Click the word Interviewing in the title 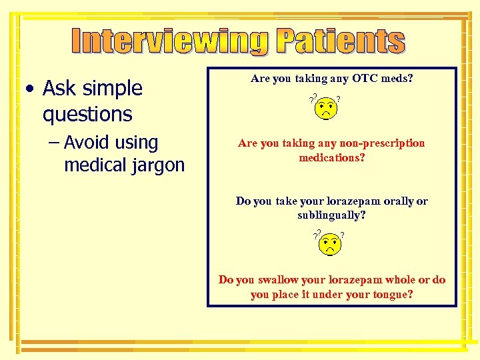coord(171,41)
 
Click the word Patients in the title coord(341,41)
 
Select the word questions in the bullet coord(87,115)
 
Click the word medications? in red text coord(331,158)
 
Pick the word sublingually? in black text coord(331,215)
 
